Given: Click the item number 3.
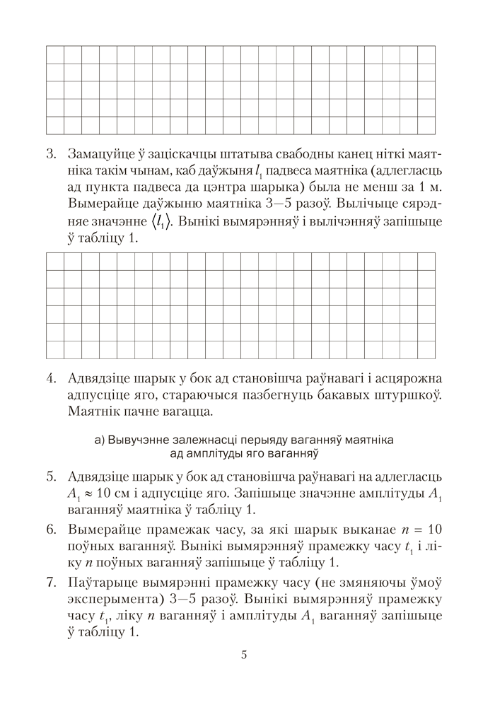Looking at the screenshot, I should pyautogui.click(x=50, y=153).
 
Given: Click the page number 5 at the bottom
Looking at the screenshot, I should pyautogui.click(x=243, y=654).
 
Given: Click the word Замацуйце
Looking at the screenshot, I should pyautogui.click(x=100, y=153).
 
